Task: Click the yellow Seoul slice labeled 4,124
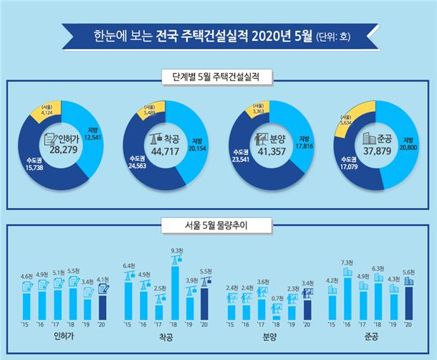pos(47,110)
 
